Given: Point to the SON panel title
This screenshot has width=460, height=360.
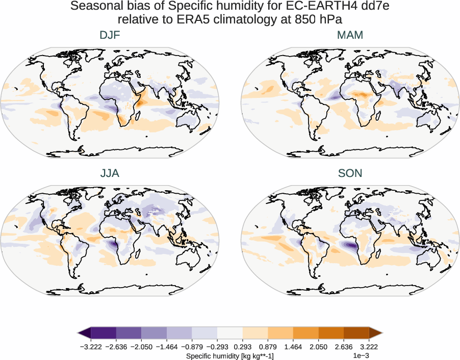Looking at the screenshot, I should [x=350, y=173].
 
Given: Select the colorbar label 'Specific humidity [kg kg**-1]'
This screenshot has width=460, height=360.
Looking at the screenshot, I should [x=230, y=356].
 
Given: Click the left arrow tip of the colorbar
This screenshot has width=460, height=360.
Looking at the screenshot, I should [x=80, y=333].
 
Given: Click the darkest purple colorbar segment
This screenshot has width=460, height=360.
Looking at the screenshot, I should [x=104, y=333].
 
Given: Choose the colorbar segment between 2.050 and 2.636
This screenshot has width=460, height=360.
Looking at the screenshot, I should [x=330, y=333].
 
